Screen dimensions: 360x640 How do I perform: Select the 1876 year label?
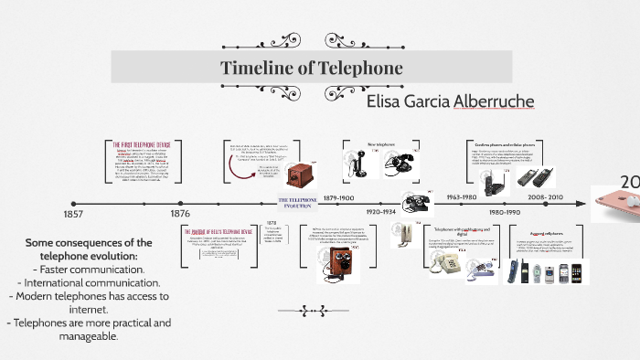(x=180, y=214)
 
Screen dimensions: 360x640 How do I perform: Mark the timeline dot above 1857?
(x=74, y=202)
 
